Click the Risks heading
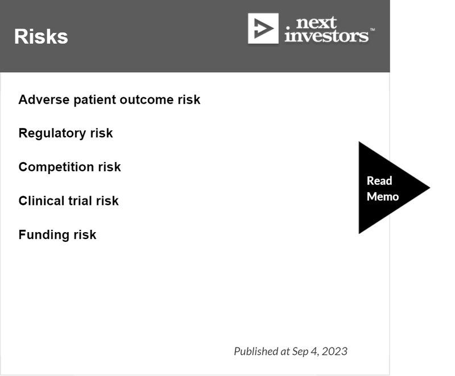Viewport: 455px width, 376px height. click(x=41, y=36)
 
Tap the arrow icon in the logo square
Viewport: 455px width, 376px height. click(x=263, y=28)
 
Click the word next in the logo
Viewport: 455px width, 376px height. click(x=316, y=23)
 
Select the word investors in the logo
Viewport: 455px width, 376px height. click(x=326, y=36)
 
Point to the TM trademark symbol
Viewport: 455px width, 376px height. click(x=373, y=30)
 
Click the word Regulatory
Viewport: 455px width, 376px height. click(x=52, y=134)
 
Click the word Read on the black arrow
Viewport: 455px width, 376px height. click(x=379, y=181)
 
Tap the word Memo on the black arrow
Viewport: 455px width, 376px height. click(x=383, y=197)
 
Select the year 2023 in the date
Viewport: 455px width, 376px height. click(x=334, y=352)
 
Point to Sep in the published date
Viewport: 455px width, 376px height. click(x=300, y=352)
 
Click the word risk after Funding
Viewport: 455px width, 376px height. click(x=85, y=235)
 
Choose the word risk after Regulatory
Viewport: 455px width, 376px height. click(x=101, y=133)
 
